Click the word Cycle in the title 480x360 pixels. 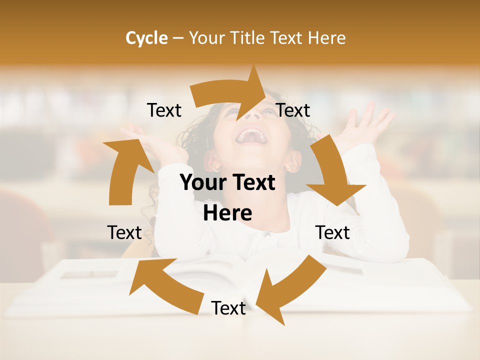point(146,38)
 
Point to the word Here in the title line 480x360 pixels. point(326,38)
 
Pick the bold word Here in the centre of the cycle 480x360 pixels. point(227,213)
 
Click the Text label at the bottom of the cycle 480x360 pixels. point(228,308)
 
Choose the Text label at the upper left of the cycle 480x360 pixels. point(164,110)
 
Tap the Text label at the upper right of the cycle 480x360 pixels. point(293,110)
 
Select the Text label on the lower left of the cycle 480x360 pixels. point(124,232)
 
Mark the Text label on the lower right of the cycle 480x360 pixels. point(332,232)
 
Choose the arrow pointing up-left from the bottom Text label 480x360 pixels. point(165,282)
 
